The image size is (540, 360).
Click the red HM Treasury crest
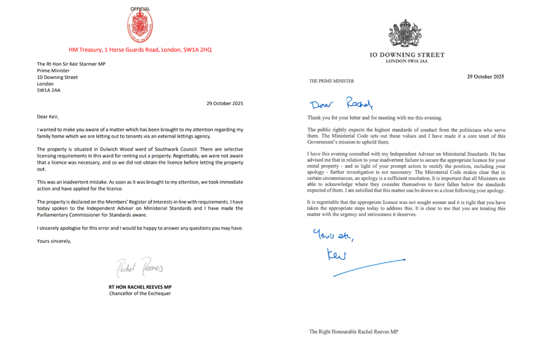[140, 26]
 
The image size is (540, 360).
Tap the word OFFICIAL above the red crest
[140, 9]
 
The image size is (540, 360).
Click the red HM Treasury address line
[140, 50]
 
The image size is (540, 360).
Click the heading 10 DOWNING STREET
[407, 55]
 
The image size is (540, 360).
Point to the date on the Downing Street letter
[485, 77]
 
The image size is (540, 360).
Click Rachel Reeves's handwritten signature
[140, 267]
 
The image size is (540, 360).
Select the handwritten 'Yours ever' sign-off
[333, 236]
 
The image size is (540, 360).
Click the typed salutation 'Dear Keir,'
[50, 116]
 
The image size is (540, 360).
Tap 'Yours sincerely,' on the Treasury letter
[54, 241]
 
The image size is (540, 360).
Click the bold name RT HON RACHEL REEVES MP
[140, 287]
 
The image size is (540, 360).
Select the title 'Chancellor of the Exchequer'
[140, 294]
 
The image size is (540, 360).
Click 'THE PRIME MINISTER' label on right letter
[332, 81]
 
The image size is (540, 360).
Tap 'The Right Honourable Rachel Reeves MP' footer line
[353, 331]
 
